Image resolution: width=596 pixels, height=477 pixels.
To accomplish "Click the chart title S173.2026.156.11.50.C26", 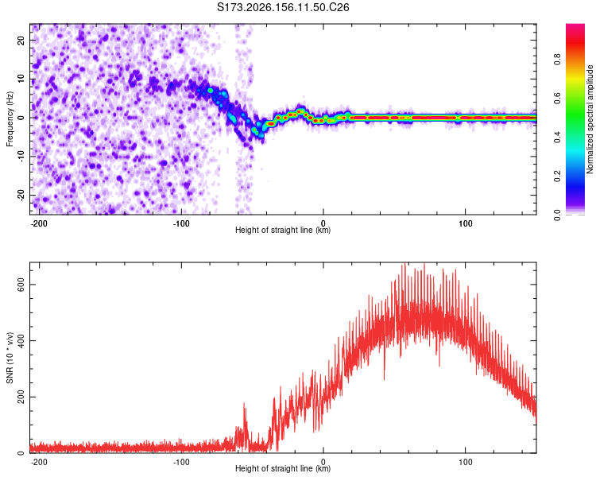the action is point(283,7).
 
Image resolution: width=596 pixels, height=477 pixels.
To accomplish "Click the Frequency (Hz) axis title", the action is point(10,119).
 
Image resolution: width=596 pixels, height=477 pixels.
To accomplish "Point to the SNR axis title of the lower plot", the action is point(10,358).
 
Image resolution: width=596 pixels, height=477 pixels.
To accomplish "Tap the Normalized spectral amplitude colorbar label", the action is point(590,119).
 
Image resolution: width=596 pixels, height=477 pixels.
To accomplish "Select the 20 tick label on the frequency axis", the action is point(21,41).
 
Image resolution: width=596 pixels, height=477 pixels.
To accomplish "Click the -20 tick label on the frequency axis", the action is point(21,195).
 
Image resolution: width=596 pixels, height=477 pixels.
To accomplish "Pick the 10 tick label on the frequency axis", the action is point(21,79).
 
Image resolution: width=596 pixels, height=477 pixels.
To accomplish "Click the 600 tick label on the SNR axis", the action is point(21,284).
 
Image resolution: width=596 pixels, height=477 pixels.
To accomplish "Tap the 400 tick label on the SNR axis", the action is point(21,340).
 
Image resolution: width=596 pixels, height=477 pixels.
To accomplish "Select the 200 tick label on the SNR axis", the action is point(21,397).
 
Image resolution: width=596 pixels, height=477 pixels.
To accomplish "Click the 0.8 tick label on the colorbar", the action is point(557,59).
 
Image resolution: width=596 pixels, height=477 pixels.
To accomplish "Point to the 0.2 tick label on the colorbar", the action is point(557,176).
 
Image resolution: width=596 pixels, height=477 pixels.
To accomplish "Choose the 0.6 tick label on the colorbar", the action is point(557,98).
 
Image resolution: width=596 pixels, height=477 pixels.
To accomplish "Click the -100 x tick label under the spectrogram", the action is point(181,223).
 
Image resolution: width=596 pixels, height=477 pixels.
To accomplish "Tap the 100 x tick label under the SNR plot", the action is point(465,462).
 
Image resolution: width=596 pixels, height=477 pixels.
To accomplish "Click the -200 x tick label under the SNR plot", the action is point(39,462).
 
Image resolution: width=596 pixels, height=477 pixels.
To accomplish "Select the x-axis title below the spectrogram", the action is point(283,230).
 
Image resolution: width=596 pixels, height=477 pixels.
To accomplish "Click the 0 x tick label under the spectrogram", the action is point(323,223).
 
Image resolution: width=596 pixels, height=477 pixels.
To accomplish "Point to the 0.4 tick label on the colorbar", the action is point(557,138).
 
